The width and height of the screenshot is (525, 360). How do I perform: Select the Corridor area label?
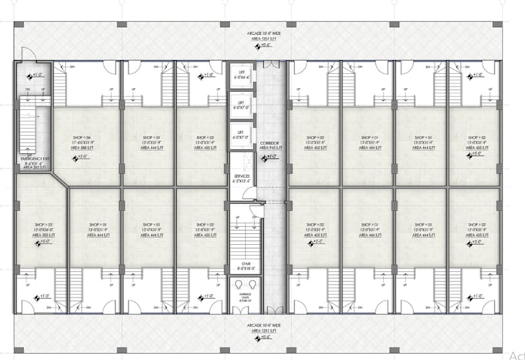268,143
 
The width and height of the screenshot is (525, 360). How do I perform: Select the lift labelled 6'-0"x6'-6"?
242,74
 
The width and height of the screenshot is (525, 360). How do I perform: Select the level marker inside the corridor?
269,157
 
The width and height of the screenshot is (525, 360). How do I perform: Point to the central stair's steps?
242,239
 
